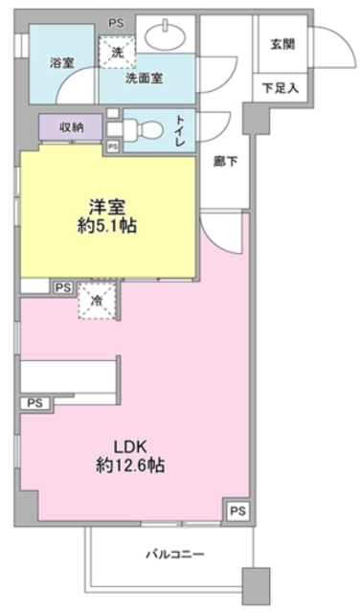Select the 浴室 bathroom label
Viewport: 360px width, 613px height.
[x=62, y=62]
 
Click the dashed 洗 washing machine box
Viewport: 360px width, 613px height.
[x=116, y=53]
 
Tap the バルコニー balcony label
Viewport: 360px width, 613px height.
[x=175, y=555]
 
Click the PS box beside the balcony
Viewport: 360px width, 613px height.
[x=237, y=511]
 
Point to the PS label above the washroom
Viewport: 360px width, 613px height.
[x=115, y=21]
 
